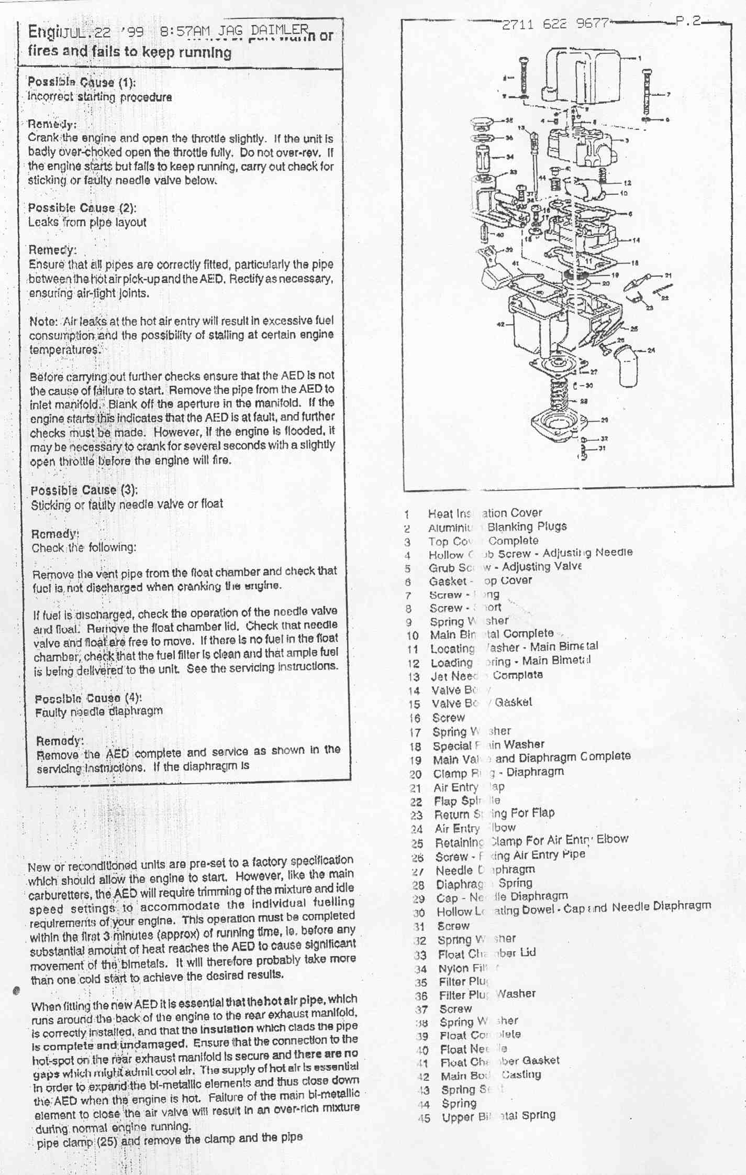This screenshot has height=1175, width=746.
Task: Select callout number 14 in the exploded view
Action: pos(636,240)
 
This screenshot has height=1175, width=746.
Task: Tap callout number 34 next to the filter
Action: pos(509,157)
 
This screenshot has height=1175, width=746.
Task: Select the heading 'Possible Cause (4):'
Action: pos(88,698)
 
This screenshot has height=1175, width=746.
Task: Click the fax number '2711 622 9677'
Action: pos(555,24)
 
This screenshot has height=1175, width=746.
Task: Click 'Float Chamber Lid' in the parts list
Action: pos(486,953)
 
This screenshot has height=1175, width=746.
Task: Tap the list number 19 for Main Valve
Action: pos(416,760)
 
